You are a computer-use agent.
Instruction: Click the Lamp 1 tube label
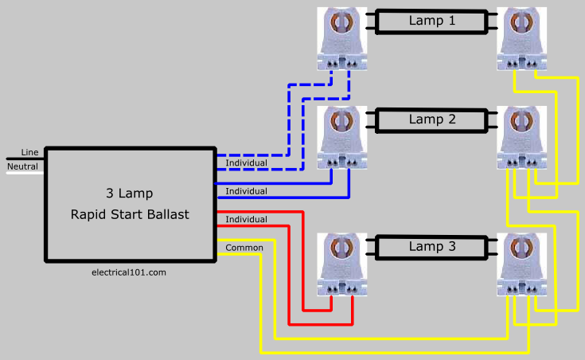pos(432,21)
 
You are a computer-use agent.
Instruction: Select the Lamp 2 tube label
pos(432,119)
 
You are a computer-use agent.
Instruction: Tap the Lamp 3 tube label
pos(432,246)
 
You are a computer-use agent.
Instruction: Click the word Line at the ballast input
pos(30,152)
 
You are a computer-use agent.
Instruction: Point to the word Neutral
pos(22,166)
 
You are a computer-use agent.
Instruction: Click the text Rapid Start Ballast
pos(130,214)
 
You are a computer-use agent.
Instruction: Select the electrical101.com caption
pos(129,272)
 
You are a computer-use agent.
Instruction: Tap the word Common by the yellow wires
pos(244,248)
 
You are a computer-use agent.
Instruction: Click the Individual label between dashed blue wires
pos(246,162)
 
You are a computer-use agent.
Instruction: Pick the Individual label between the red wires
pos(246,219)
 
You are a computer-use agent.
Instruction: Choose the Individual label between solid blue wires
pos(246,191)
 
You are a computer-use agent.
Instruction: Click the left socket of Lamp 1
pos(342,39)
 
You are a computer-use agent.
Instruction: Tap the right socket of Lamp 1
pos(521,39)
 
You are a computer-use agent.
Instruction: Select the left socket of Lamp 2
pos(342,138)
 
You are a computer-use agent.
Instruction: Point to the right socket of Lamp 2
pos(521,138)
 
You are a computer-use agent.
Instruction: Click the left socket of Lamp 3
pos(342,264)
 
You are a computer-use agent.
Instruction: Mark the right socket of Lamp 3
pos(521,264)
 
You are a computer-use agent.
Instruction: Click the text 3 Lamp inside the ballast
pos(130,193)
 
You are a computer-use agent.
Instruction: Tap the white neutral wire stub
pos(25,173)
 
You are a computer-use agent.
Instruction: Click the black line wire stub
pos(25,159)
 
